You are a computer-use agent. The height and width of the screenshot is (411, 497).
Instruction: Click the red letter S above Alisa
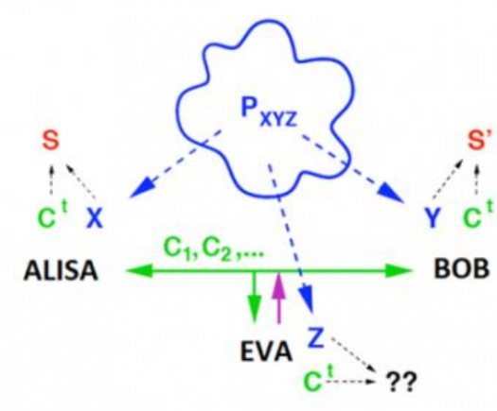51,140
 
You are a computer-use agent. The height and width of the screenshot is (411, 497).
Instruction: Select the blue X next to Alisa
95,218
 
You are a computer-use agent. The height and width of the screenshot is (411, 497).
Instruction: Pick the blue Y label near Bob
433,218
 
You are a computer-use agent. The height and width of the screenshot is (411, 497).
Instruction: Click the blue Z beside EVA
316,337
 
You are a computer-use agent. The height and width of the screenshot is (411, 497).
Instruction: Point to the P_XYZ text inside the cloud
269,113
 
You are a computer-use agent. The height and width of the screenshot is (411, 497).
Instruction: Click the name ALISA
61,271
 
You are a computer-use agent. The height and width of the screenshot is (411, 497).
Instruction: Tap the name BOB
461,269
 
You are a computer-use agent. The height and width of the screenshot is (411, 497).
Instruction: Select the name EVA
266,351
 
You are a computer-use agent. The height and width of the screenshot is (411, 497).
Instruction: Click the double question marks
400,382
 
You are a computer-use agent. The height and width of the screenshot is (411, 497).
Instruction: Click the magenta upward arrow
278,298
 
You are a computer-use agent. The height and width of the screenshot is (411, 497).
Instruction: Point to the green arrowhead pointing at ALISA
139,271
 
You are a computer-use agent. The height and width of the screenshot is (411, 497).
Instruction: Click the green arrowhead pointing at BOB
399,271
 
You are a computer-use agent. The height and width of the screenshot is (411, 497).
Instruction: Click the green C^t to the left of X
52,215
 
